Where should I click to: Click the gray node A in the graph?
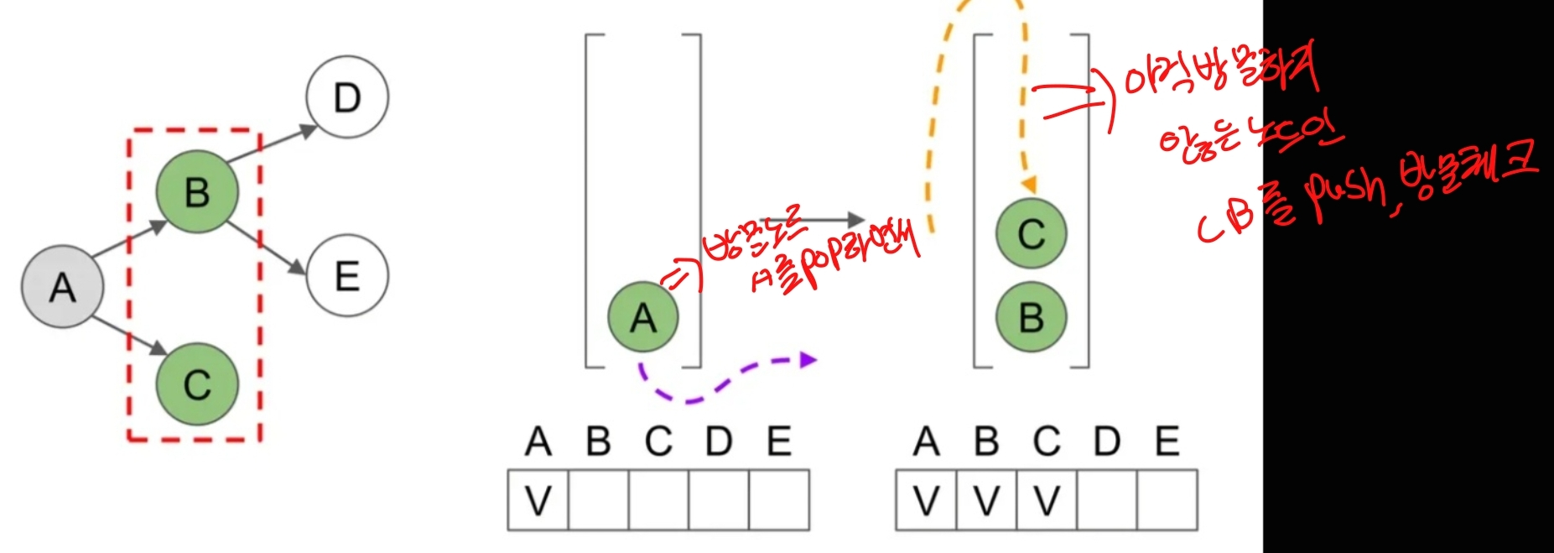click(62, 287)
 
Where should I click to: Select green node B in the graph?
click(197, 192)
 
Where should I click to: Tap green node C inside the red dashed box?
click(197, 384)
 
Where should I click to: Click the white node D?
click(347, 97)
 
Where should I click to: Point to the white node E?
click(347, 276)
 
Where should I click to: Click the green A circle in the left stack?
click(643, 317)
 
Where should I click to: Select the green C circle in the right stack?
click(1031, 233)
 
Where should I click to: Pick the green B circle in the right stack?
click(1031, 317)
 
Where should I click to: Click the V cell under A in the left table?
click(538, 500)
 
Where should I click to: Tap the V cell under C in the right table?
click(1046, 500)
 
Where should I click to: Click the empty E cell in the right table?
click(1167, 500)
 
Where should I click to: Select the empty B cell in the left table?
click(598, 500)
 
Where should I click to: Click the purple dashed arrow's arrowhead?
click(808, 360)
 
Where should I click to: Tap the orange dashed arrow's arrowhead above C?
click(1029, 186)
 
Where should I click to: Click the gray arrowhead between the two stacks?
click(855, 220)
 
